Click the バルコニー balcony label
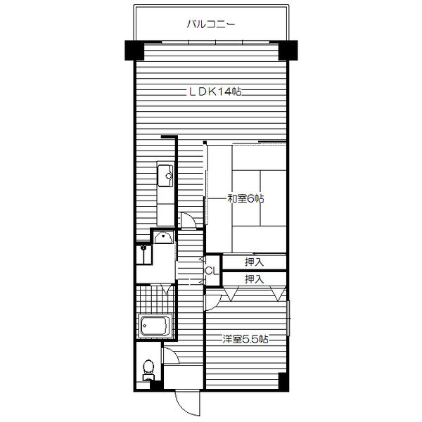pos(211,24)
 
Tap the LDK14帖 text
pos(215,92)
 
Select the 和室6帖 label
pos(245,198)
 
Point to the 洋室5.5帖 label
pos(245,339)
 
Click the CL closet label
pos(212,271)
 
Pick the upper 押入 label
pos(254,262)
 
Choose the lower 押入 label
pos(254,279)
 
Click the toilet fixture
pos(148,370)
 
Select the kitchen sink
pos(165,176)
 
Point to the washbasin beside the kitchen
pos(163,237)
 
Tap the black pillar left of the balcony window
pos(134,51)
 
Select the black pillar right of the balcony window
pos(288,51)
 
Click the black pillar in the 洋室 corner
pos(283,382)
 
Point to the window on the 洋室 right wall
pos(288,318)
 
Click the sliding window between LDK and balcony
pos(215,42)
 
